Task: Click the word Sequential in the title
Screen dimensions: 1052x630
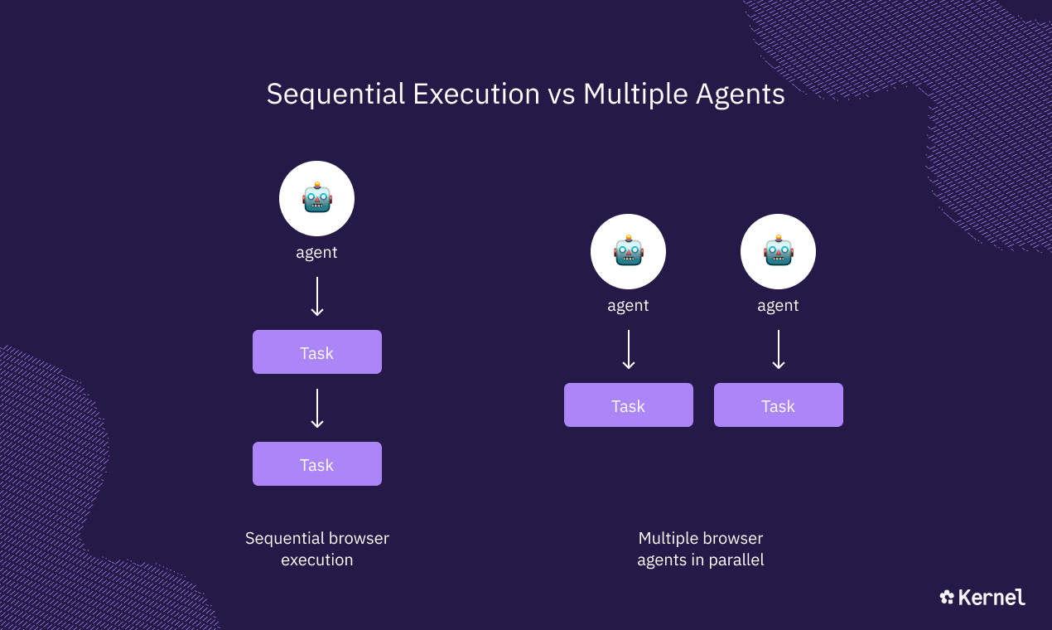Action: click(x=335, y=94)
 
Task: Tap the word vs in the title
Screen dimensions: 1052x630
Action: click(x=562, y=94)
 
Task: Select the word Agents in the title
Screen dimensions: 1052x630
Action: click(x=736, y=94)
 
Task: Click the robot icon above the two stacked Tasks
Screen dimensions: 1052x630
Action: click(x=316, y=199)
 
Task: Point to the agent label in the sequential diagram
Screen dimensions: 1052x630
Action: click(x=316, y=253)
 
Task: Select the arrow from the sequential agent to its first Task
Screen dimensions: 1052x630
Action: click(x=316, y=296)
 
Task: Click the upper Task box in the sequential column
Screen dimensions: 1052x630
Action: click(x=316, y=352)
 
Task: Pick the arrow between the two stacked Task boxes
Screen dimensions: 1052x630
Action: click(x=316, y=408)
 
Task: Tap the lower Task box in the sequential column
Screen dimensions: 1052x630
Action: click(x=316, y=464)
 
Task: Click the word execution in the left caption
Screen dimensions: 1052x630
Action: click(x=316, y=560)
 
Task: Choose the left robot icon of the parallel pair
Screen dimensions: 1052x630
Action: click(x=628, y=252)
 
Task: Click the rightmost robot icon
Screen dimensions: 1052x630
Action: click(x=778, y=252)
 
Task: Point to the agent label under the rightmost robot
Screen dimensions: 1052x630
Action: click(x=778, y=306)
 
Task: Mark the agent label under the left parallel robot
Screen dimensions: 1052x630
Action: click(x=628, y=306)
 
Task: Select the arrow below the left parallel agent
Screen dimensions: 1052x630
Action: click(x=628, y=349)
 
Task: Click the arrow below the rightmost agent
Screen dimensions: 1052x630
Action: click(x=778, y=349)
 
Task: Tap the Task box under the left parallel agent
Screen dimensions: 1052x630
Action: click(x=628, y=405)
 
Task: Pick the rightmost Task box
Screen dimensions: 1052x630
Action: click(x=778, y=405)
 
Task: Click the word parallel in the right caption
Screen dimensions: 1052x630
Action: click(x=734, y=560)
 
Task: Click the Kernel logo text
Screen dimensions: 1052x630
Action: click(x=992, y=598)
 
